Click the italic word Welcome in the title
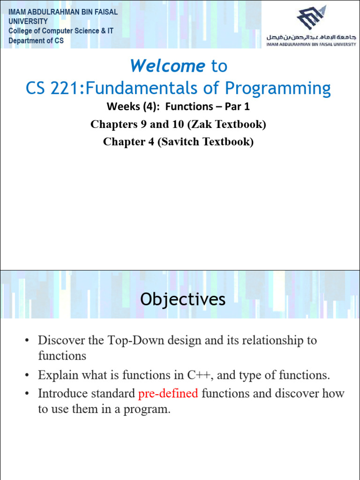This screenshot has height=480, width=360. tap(167, 66)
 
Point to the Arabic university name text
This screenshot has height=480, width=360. tap(311, 36)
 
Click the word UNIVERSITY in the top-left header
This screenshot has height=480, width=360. tap(28, 21)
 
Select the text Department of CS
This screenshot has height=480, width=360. tap(36, 40)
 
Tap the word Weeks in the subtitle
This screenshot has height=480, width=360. tap(121, 106)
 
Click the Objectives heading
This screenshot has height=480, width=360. tap(183, 300)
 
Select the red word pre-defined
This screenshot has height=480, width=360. tap(168, 394)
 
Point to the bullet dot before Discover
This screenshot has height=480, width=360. tap(29, 341)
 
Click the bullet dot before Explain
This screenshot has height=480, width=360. tap(29, 375)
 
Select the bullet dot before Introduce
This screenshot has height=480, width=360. tap(29, 394)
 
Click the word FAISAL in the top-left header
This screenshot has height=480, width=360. tap(105, 12)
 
